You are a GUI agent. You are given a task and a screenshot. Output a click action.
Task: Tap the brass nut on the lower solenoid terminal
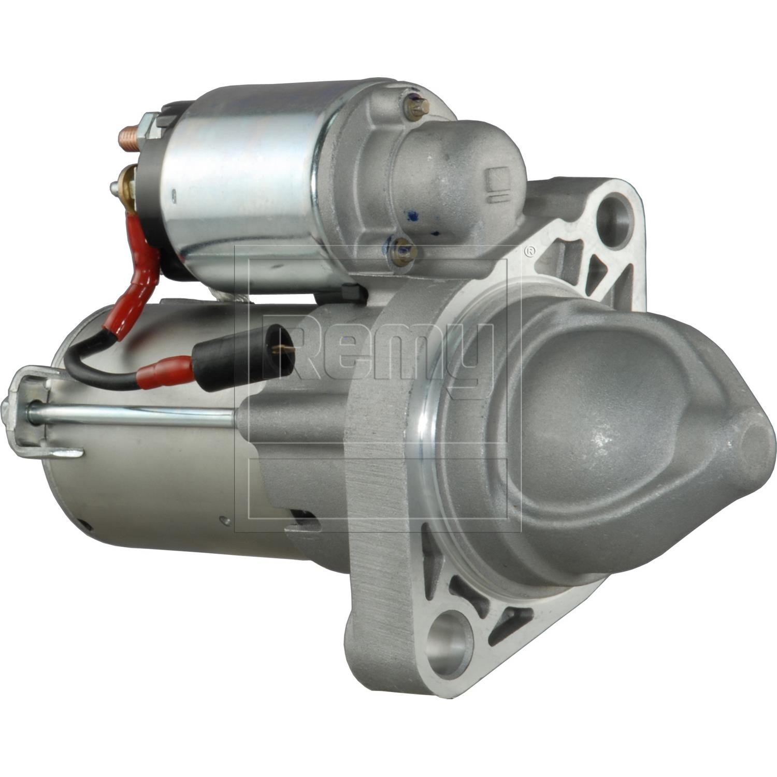pos(127,180)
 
